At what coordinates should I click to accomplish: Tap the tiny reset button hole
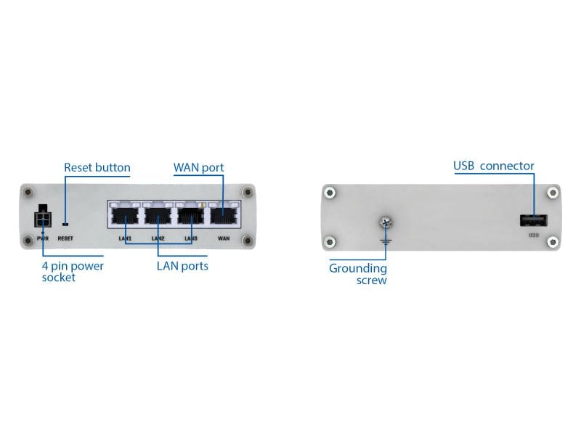click(x=65, y=225)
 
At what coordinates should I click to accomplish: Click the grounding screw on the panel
click(x=385, y=224)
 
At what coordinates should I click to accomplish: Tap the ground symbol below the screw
click(x=386, y=238)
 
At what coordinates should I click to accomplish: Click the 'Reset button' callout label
click(x=97, y=168)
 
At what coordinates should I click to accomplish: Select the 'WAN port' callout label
click(x=198, y=168)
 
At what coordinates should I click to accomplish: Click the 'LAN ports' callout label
click(x=182, y=266)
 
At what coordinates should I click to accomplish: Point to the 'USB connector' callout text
click(x=494, y=166)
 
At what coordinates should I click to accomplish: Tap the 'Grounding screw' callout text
click(x=358, y=274)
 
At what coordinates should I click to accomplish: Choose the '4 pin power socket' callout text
click(x=73, y=271)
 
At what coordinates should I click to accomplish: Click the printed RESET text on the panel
click(x=65, y=238)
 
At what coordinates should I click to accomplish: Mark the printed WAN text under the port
click(x=224, y=238)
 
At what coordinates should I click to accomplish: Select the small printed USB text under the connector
click(x=533, y=235)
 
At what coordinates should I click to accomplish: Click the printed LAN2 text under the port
click(x=158, y=238)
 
